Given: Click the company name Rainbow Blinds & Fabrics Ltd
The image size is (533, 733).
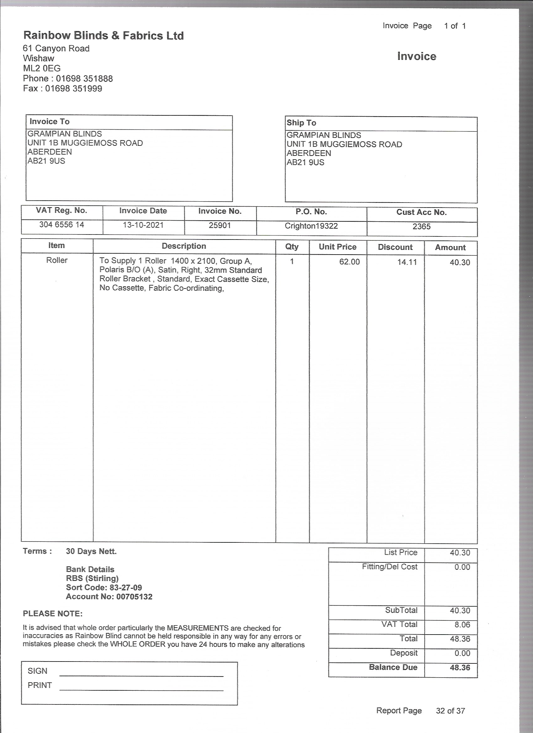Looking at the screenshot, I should pyautogui.click(x=103, y=35).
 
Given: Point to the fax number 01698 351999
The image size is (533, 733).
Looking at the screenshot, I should pyautogui.click(x=73, y=88).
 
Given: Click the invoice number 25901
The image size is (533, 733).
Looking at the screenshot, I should pyautogui.click(x=220, y=225).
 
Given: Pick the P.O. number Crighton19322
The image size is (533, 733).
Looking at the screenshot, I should pyautogui.click(x=311, y=226).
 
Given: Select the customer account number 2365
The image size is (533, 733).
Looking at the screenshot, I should pyautogui.click(x=421, y=227).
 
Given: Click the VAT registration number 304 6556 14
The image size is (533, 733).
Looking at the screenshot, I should pyautogui.click(x=61, y=224).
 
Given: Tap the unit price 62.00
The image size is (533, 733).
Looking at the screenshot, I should pyautogui.click(x=349, y=262).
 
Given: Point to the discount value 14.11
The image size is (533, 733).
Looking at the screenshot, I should pyautogui.click(x=407, y=262).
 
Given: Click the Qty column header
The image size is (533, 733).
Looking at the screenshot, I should pyautogui.click(x=292, y=247).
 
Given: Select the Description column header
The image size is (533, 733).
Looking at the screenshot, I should pyautogui.click(x=184, y=246).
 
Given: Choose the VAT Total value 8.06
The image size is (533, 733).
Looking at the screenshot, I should pyautogui.click(x=462, y=625).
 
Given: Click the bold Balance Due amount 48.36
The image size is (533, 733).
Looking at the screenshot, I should pyautogui.click(x=460, y=668).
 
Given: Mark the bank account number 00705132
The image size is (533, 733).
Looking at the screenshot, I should pyautogui.click(x=134, y=597).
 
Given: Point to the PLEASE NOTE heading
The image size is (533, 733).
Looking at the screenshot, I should pyautogui.click(x=53, y=614).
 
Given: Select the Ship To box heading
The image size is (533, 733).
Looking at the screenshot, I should pyautogui.click(x=301, y=123).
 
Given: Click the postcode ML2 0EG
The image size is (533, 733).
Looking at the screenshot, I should pyautogui.click(x=42, y=69).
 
